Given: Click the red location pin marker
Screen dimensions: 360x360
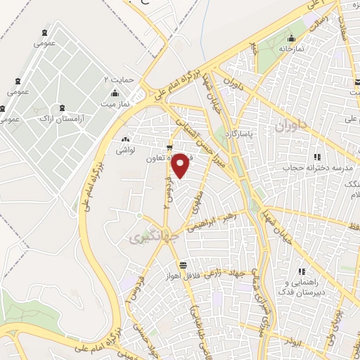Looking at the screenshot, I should (x=181, y=165).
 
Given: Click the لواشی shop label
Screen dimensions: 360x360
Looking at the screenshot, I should (x=126, y=150).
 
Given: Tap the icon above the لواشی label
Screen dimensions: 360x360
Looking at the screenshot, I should (x=126, y=140).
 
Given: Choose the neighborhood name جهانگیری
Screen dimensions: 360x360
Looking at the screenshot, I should (x=145, y=238).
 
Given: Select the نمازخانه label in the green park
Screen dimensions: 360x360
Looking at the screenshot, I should (x=290, y=49).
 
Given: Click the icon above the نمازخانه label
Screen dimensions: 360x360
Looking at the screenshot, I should (x=291, y=39).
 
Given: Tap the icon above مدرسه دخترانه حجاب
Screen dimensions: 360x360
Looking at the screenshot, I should (x=317, y=156).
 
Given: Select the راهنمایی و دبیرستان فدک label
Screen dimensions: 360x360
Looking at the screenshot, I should (x=302, y=285).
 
